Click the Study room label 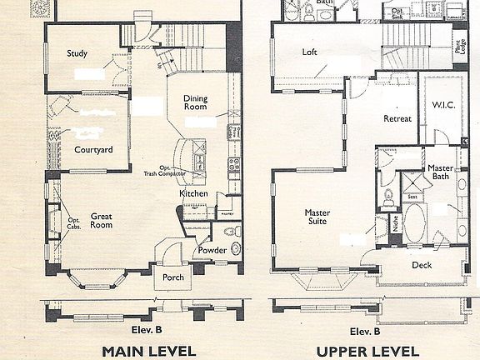77,54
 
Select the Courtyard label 93,150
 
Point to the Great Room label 101,220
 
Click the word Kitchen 193,194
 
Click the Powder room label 211,250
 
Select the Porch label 173,277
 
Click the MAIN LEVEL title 148,350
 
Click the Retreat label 397,119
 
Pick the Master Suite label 317,217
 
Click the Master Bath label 441,172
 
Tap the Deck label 422,265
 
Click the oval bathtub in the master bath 414,222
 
